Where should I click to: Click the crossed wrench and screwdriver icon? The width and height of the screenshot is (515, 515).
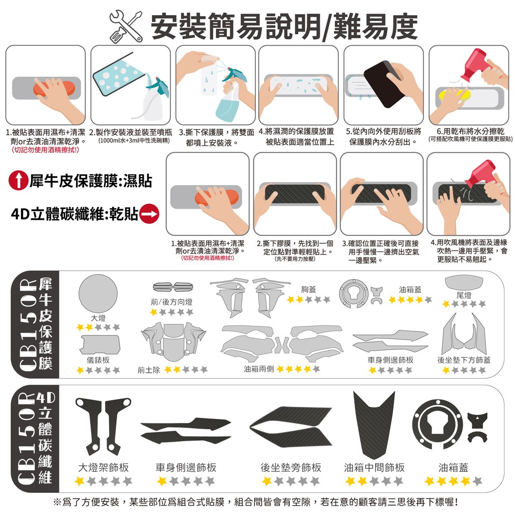point(126,26)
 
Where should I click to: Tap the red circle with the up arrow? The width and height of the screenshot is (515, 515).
point(19,181)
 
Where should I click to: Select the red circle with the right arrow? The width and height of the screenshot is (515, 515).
point(149,214)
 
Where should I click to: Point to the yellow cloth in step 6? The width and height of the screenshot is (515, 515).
point(453,95)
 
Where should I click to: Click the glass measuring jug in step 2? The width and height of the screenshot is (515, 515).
point(117,78)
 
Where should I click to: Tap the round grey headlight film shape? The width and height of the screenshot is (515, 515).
point(98,294)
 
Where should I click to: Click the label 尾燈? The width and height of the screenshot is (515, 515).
point(464,295)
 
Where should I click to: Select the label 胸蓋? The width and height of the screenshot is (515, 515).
point(308,289)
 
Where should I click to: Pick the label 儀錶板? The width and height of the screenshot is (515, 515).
point(98,360)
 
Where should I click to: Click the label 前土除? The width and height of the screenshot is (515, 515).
point(149,370)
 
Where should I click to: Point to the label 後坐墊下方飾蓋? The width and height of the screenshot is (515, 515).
point(464,360)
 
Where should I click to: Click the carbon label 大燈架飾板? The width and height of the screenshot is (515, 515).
point(104,467)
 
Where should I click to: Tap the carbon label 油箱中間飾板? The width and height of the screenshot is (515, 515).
point(374,467)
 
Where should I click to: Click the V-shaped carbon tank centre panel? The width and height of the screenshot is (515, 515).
point(374,427)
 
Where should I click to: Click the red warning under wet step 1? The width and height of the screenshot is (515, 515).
point(45,150)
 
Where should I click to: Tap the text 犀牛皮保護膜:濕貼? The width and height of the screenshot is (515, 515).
point(91,181)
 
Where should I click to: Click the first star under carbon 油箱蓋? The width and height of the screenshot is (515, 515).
point(430,481)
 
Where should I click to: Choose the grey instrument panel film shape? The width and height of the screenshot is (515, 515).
point(100,345)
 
